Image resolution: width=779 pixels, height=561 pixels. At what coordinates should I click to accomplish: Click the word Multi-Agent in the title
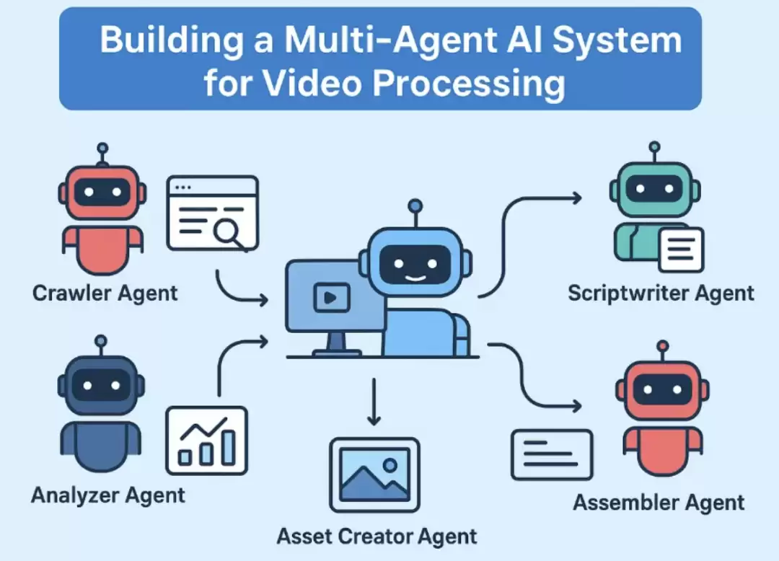click(390, 39)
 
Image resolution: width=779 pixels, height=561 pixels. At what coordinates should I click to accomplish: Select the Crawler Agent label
click(105, 293)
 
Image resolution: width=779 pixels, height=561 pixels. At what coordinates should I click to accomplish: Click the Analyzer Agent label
click(107, 495)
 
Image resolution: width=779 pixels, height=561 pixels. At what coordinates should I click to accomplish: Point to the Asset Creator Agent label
click(377, 536)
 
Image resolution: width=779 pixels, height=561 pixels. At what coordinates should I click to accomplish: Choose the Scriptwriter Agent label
click(661, 293)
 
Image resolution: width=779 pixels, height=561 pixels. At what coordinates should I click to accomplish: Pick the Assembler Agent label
click(659, 503)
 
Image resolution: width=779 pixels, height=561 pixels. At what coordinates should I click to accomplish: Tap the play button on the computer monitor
click(331, 297)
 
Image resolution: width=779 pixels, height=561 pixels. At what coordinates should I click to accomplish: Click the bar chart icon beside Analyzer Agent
click(207, 441)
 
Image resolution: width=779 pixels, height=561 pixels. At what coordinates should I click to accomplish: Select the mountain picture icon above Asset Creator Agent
click(374, 474)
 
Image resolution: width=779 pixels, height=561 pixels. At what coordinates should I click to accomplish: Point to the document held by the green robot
click(681, 249)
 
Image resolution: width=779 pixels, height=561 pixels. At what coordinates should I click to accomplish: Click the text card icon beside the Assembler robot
click(552, 455)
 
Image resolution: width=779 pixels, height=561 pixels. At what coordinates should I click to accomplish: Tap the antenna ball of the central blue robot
click(415, 206)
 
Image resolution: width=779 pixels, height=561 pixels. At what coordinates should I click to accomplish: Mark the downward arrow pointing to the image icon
click(374, 402)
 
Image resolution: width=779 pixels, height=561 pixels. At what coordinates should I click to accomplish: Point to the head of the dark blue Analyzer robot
click(102, 385)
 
